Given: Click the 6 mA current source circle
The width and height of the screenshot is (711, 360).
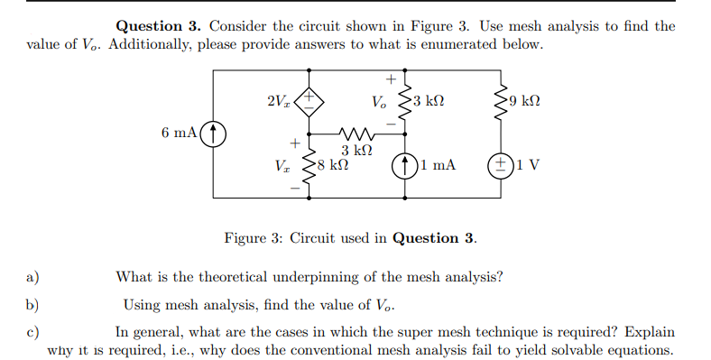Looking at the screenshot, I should (x=213, y=134).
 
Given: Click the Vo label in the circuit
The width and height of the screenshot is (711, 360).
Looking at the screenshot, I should (x=381, y=102).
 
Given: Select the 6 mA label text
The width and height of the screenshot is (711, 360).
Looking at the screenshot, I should (x=179, y=134).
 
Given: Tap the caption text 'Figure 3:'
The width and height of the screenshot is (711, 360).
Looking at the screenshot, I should (x=252, y=238).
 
